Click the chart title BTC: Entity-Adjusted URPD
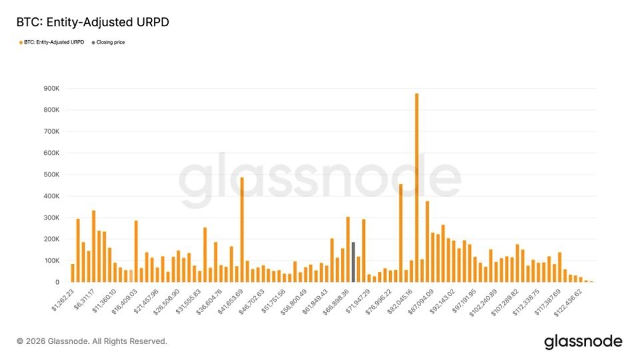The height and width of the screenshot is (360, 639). [93, 22]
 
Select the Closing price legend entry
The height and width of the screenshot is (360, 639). [110, 42]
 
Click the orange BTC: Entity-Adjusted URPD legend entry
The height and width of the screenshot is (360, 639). [54, 42]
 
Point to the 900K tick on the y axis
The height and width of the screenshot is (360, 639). [52, 88]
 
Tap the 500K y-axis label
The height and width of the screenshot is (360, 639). [52, 175]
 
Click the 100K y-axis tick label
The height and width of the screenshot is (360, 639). [52, 261]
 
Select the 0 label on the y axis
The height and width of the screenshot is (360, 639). [58, 282]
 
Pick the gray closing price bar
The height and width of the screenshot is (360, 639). [353, 262]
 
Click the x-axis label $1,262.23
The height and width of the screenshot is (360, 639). [63, 298]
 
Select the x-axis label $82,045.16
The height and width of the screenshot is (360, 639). [399, 298]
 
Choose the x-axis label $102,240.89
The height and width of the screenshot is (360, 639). [484, 298]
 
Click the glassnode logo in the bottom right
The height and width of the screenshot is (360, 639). [583, 342]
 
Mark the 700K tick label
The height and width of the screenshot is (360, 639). [52, 131]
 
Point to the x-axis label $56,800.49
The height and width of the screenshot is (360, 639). [294, 298]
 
